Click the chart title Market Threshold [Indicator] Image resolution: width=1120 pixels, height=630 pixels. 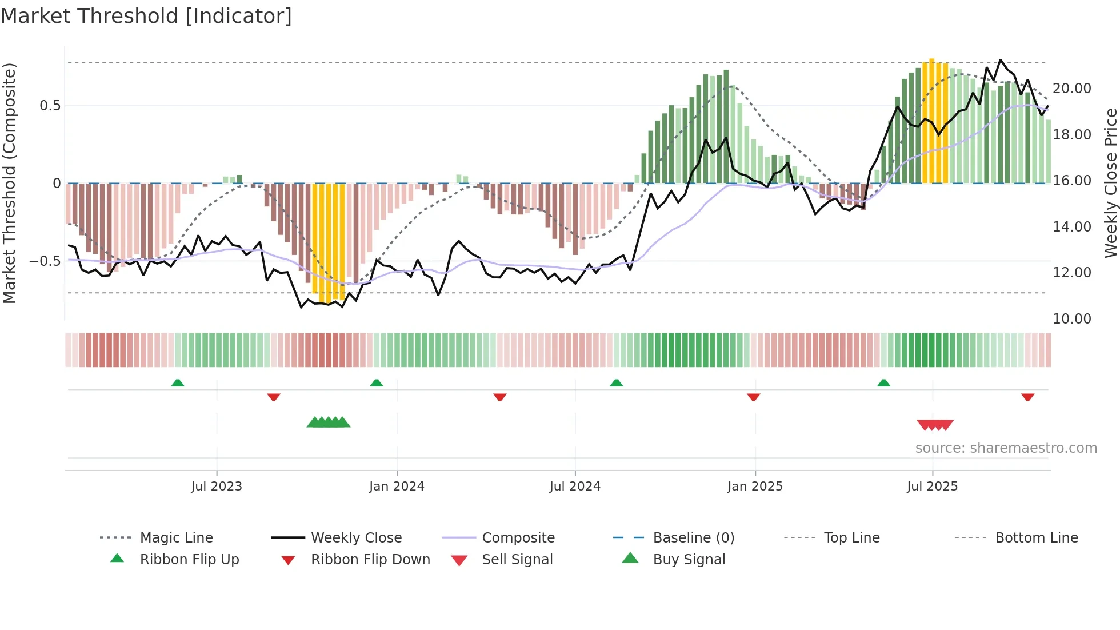[146, 16]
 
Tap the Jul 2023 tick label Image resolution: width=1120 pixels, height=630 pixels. [217, 487]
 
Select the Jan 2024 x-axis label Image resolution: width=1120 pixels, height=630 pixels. [397, 487]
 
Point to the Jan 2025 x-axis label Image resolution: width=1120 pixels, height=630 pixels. [755, 487]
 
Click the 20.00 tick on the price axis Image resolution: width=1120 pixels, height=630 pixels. [1072, 89]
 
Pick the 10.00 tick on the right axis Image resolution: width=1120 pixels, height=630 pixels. [1072, 319]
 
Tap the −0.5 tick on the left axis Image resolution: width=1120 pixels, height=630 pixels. [45, 261]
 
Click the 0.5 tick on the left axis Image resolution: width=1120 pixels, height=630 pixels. [50, 106]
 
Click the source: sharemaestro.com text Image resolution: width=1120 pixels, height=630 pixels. [1006, 448]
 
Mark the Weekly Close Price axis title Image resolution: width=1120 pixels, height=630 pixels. [1110, 183]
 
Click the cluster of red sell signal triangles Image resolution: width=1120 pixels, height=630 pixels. [935, 425]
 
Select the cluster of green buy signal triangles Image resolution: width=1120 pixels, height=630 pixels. [329, 422]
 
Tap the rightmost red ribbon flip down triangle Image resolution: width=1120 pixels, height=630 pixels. [1027, 397]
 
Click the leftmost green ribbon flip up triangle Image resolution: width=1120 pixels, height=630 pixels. [178, 383]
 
